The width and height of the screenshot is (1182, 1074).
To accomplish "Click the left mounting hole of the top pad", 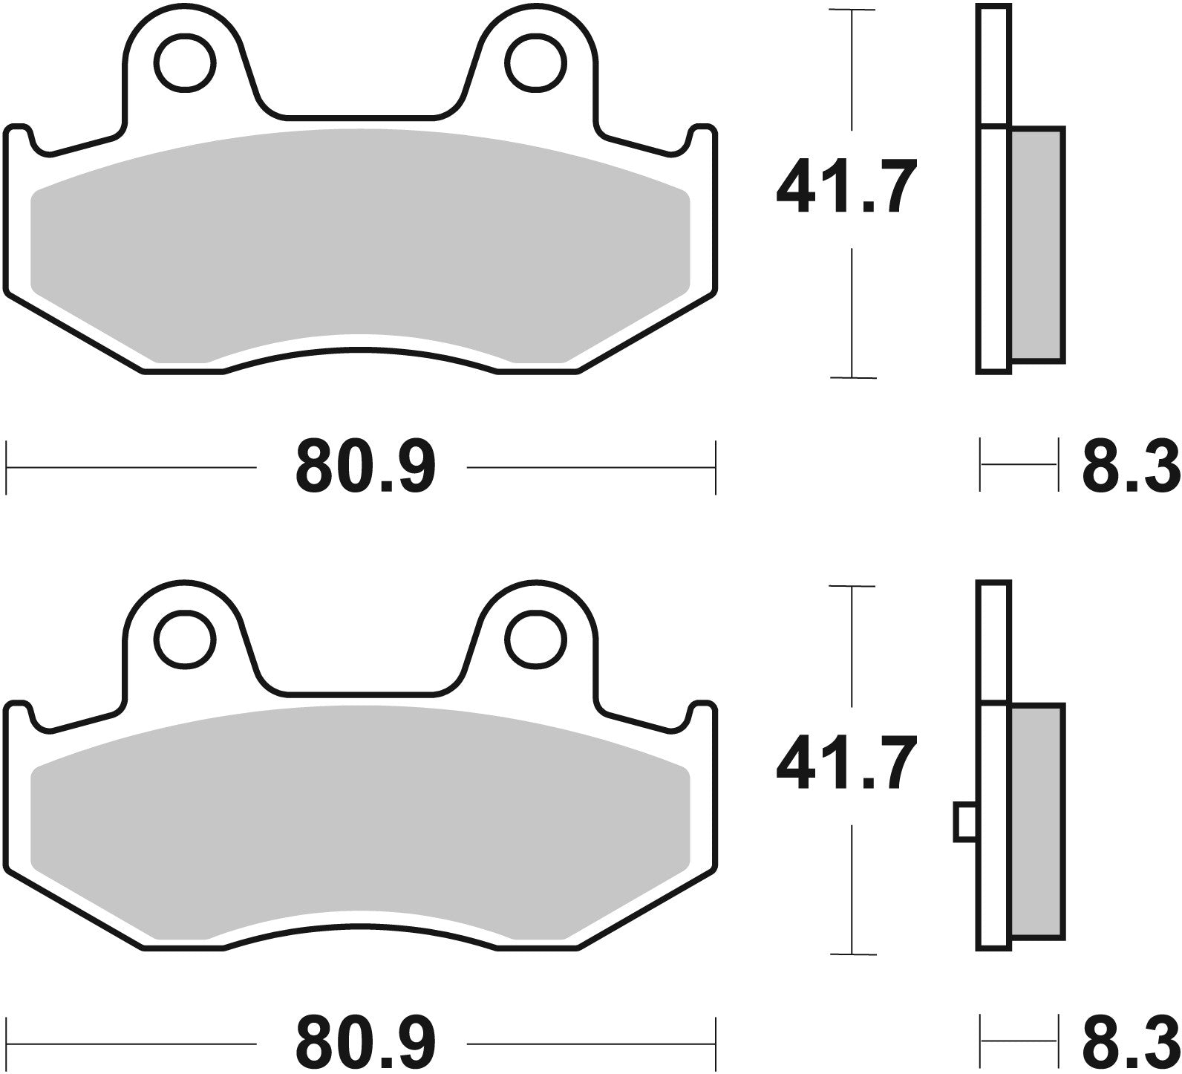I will tap(183, 64).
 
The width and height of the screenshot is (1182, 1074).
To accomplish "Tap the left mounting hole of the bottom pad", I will tap(183, 639).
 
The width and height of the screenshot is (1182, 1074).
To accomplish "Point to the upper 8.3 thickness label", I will tap(1130, 468).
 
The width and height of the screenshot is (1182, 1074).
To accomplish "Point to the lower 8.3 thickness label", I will tap(1130, 1044).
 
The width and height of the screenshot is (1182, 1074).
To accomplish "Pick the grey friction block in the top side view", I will tap(1037, 245).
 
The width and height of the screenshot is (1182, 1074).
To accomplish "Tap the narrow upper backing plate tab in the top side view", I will tap(995, 65).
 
